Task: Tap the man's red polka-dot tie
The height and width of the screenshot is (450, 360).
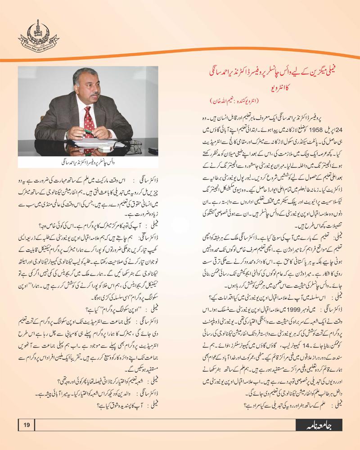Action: click(x=89, y=121)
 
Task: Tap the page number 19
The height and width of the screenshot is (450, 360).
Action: click(x=26, y=424)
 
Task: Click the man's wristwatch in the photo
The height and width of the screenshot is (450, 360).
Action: click(x=67, y=135)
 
